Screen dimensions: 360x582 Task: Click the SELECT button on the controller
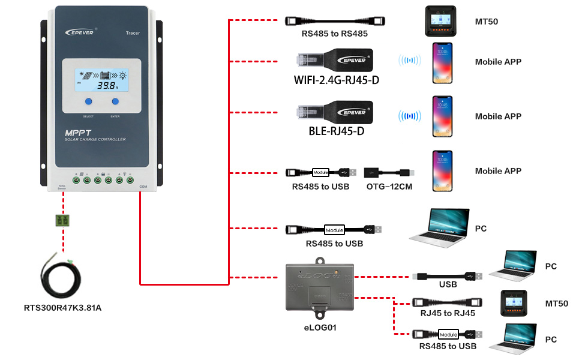click(x=88, y=102)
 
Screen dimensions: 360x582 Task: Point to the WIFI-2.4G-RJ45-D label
click(x=336, y=80)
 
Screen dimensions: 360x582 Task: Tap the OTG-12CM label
click(x=389, y=187)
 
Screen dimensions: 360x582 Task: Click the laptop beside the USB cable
click(x=513, y=266)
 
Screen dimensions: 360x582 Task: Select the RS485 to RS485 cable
click(x=334, y=22)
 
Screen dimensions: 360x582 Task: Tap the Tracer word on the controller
click(x=133, y=32)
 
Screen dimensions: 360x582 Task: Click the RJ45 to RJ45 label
click(x=448, y=313)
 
